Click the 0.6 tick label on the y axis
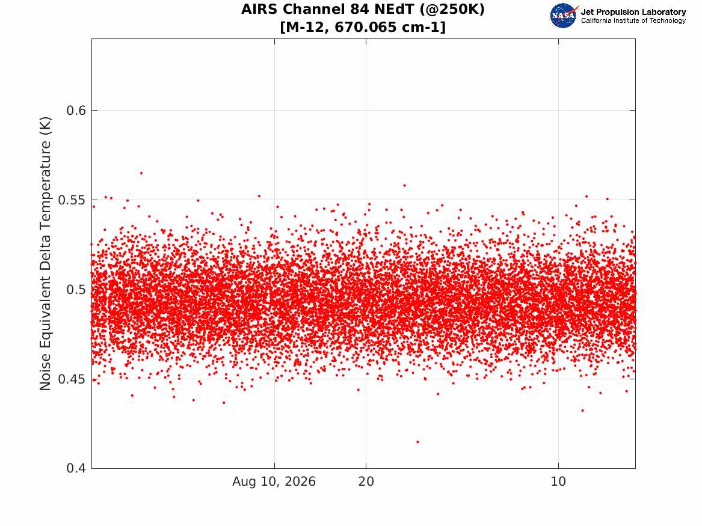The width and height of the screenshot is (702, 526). (76, 111)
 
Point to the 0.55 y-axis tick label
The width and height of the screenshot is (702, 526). (72, 200)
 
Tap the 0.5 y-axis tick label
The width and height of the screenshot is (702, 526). (76, 290)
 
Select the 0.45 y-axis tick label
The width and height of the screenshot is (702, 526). (72, 379)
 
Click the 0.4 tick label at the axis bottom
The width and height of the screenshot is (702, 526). (76, 468)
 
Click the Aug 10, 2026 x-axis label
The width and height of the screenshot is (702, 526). (274, 482)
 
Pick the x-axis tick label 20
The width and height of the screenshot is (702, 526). (366, 482)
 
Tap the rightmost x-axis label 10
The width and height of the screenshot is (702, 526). (558, 482)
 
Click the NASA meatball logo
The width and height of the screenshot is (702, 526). (564, 16)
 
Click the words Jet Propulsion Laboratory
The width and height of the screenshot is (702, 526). (633, 12)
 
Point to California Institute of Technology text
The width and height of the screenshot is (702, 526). (633, 20)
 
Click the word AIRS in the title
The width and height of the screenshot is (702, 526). (260, 10)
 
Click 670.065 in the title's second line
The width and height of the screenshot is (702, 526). (366, 27)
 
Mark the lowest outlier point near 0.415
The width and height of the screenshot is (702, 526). (417, 442)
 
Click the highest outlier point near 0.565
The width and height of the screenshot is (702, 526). (141, 173)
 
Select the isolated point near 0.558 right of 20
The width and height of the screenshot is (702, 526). (404, 185)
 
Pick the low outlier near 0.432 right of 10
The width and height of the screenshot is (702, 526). (582, 411)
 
